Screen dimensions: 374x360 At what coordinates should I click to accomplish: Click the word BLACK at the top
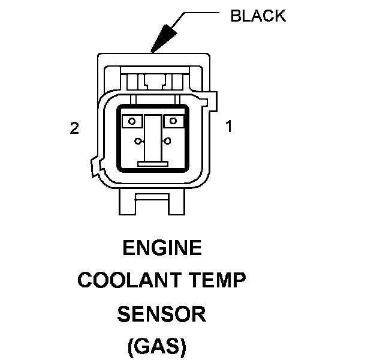click(258, 16)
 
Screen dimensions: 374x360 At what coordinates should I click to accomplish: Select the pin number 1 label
click(229, 126)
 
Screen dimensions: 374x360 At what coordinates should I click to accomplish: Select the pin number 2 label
click(74, 128)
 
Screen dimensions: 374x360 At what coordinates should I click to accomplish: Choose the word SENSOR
click(161, 314)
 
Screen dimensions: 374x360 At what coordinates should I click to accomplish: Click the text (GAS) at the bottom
click(157, 346)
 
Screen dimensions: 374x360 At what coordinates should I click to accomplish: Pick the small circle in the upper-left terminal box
click(132, 121)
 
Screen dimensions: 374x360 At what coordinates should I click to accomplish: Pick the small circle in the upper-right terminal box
click(173, 121)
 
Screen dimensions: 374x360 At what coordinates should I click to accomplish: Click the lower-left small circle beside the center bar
click(138, 142)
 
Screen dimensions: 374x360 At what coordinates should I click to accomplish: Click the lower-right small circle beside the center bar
click(168, 141)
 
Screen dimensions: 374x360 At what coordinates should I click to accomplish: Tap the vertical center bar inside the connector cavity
click(153, 138)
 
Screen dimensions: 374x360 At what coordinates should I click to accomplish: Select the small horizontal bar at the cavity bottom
click(153, 164)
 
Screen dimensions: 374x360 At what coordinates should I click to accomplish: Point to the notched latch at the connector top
click(155, 82)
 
